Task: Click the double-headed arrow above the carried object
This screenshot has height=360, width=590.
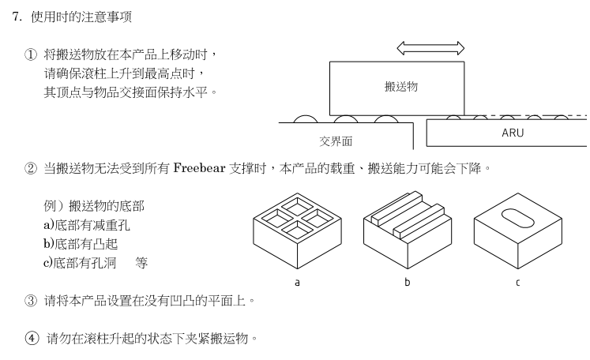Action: [x=430, y=49]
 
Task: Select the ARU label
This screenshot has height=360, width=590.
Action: [x=513, y=133]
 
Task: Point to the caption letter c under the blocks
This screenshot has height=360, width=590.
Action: [x=517, y=281]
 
